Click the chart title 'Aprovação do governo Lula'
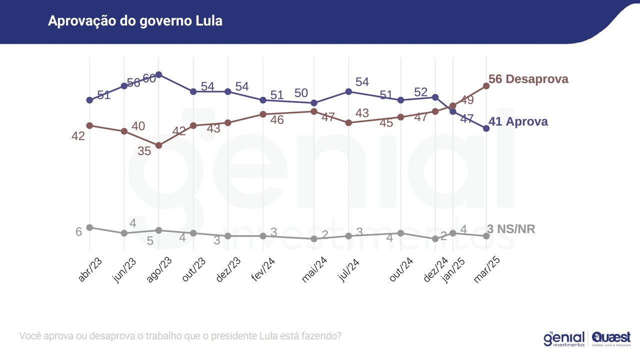pos(135,21)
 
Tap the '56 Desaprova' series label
pos(528,79)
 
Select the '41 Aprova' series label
pos(517,121)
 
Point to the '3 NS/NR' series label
pos(510,229)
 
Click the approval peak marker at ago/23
pos(158,74)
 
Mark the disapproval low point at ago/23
pos(158,145)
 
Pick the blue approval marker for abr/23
pos(89,100)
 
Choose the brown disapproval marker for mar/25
pos(486,86)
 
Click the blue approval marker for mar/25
pos(486,128)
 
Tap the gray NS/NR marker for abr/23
pos(89,227)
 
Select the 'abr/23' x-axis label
pos(90,270)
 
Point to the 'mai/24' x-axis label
pos(314,270)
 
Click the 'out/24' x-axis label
pos(401,270)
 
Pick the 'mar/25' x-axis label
pos(486,270)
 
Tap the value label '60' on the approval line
pos(149,78)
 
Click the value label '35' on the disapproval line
pos(144,151)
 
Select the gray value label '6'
pos(78,232)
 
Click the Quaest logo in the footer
pos(611,338)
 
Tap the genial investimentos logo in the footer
pos(564,338)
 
